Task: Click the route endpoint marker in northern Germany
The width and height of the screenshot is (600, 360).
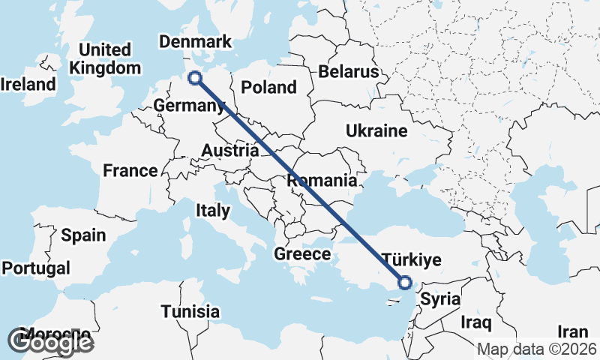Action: point(195,77)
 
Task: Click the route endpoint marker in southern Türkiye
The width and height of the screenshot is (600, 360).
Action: point(405,283)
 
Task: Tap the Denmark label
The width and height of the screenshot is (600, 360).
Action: point(196,41)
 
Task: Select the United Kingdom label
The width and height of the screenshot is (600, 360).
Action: point(105,58)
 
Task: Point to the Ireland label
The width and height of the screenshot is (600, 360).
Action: point(28,84)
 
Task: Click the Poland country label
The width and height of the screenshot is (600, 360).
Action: point(268,87)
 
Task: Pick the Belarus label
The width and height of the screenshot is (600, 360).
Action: point(349,72)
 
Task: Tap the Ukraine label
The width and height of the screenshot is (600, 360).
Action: point(376,131)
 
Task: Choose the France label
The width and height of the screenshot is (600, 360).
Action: point(130,171)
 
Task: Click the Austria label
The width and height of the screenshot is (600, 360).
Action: point(229,151)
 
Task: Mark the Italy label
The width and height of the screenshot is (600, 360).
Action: point(212,211)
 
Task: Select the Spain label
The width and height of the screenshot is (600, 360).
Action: point(83,235)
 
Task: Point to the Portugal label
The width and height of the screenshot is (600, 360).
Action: point(36,268)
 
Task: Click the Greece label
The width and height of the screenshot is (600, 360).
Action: point(301,254)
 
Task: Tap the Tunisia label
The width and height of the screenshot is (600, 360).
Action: point(192,311)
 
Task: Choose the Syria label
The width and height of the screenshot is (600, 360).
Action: point(439,299)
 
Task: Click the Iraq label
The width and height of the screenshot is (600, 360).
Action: point(476,323)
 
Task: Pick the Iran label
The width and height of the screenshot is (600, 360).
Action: point(573,331)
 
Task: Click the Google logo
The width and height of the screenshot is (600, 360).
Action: point(51,342)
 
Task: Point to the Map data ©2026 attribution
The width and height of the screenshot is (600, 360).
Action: point(537,349)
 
